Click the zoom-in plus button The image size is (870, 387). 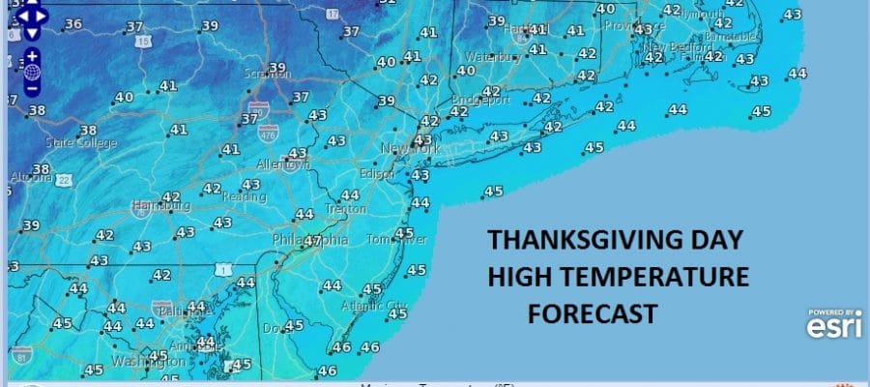pyautogui.click(x=32, y=56)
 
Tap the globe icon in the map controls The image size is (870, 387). pyautogui.click(x=32, y=72)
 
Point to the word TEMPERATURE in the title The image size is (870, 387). pyautogui.click(x=668, y=278)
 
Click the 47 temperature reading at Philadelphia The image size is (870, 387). pyautogui.click(x=312, y=240)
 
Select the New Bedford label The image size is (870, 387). pyautogui.click(x=668, y=46)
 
